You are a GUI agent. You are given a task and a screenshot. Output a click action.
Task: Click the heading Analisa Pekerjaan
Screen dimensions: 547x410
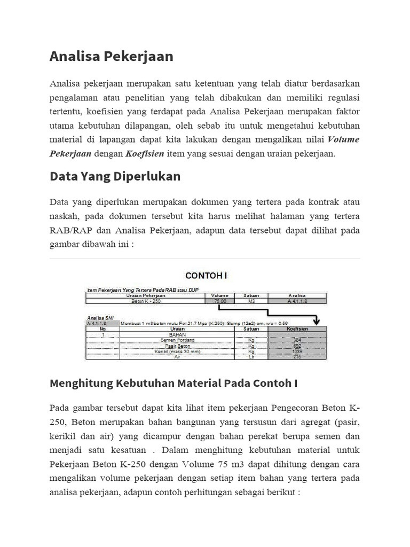click(x=111, y=57)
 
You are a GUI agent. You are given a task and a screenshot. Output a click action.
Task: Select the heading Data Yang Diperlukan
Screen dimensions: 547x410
click(x=115, y=176)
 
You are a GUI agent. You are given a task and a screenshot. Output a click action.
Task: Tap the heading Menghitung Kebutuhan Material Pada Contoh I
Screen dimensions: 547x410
click(x=173, y=383)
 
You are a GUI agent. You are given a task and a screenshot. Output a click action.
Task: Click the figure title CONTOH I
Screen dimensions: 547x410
click(x=206, y=276)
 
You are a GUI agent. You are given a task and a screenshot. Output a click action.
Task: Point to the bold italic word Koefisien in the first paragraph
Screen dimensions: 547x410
click(x=144, y=153)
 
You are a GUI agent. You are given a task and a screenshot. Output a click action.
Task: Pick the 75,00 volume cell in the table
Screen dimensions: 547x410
click(x=219, y=301)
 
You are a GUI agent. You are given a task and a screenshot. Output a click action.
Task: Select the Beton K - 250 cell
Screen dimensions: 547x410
click(x=146, y=301)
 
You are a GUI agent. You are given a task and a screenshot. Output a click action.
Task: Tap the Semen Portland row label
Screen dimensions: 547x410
click(x=177, y=340)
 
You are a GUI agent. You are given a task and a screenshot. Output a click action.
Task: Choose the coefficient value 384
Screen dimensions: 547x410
click(x=297, y=340)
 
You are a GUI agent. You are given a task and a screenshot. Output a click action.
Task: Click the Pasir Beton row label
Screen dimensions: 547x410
click(x=177, y=346)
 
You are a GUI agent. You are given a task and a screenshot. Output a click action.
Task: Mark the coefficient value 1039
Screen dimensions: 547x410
click(x=297, y=351)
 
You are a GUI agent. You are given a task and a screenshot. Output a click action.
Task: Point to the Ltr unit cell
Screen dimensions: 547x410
click(x=251, y=357)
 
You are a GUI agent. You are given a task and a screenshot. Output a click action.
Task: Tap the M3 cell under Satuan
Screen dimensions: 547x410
click(x=251, y=301)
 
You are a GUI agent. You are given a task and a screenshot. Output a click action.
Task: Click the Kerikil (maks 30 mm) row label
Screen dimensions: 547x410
click(x=177, y=351)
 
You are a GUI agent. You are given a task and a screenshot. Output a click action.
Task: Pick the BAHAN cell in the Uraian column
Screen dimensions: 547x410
click(x=177, y=334)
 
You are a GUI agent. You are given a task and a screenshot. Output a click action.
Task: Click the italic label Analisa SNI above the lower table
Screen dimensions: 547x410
click(x=100, y=317)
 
